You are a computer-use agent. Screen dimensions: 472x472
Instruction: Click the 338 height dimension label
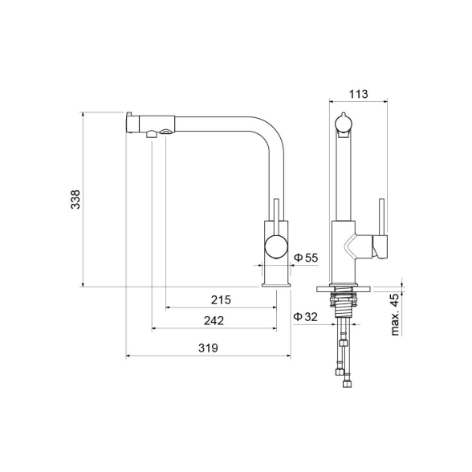[75, 199]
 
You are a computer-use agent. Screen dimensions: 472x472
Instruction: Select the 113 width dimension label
[358, 94]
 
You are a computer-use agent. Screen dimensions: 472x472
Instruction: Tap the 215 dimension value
[221, 300]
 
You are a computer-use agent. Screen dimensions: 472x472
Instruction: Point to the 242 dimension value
[214, 321]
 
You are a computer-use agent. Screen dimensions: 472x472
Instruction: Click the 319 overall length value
[208, 348]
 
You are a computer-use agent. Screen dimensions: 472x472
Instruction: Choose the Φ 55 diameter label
[306, 258]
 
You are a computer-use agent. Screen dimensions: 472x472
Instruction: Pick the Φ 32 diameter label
[306, 316]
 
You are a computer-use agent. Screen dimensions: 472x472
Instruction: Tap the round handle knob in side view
[276, 246]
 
